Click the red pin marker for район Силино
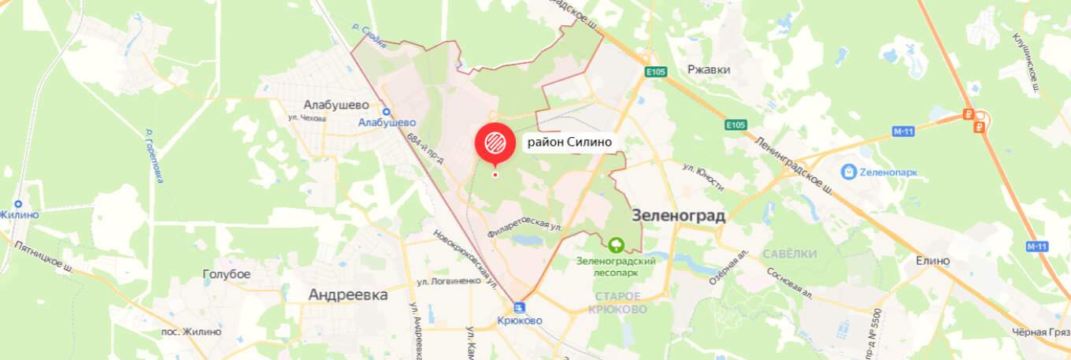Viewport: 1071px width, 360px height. (x=494, y=143)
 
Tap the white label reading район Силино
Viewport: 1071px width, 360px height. (x=569, y=142)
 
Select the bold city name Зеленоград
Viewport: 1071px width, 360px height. (x=678, y=215)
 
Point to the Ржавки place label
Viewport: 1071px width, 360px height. (x=708, y=69)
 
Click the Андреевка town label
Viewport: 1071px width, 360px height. (x=348, y=295)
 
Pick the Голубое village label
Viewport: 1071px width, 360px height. (x=226, y=274)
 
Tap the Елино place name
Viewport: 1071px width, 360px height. (x=932, y=261)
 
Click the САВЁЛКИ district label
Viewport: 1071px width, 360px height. (x=789, y=254)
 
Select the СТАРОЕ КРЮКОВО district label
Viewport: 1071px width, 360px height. (x=617, y=302)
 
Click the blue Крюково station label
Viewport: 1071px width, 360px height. (x=521, y=321)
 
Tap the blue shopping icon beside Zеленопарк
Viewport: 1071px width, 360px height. (x=848, y=170)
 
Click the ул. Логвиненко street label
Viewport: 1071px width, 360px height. (x=449, y=281)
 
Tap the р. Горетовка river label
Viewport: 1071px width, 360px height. (x=153, y=154)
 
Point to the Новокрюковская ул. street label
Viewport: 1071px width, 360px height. (x=464, y=257)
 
